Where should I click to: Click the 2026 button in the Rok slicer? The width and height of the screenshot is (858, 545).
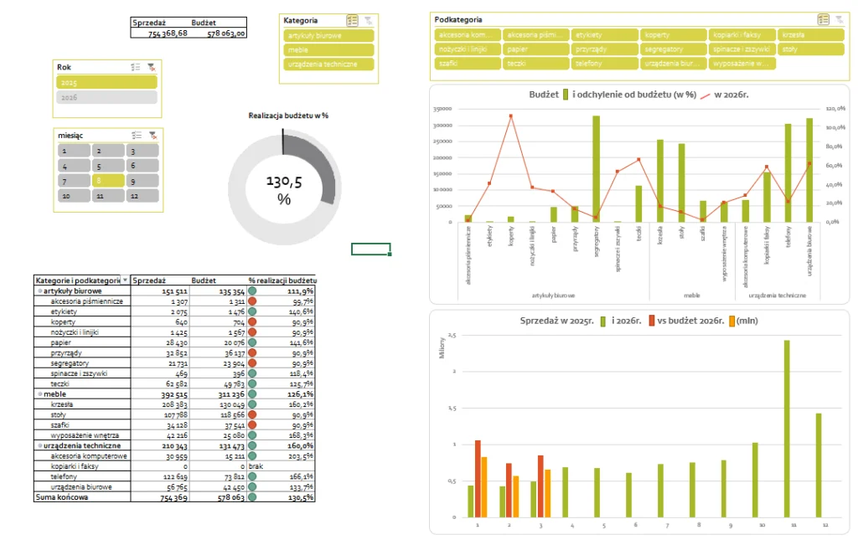106,97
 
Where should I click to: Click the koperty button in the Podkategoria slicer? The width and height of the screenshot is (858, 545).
673,35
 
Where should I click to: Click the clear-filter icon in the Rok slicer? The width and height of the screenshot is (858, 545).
152,66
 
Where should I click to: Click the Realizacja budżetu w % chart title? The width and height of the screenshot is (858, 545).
288,115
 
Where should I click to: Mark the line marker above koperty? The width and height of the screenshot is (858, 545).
510,116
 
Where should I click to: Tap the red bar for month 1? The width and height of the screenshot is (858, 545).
478,478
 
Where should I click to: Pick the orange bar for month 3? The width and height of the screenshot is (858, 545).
547,493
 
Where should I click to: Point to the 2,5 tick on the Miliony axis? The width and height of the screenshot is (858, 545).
453,335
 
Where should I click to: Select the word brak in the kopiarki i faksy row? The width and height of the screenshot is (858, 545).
256,466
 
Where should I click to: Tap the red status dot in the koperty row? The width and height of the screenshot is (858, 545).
252,321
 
